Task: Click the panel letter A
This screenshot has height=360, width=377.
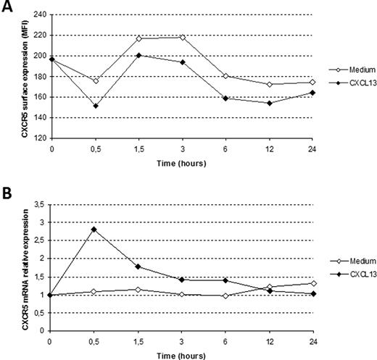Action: (x=7, y=7)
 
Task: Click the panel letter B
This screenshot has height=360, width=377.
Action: (x=7, y=194)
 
